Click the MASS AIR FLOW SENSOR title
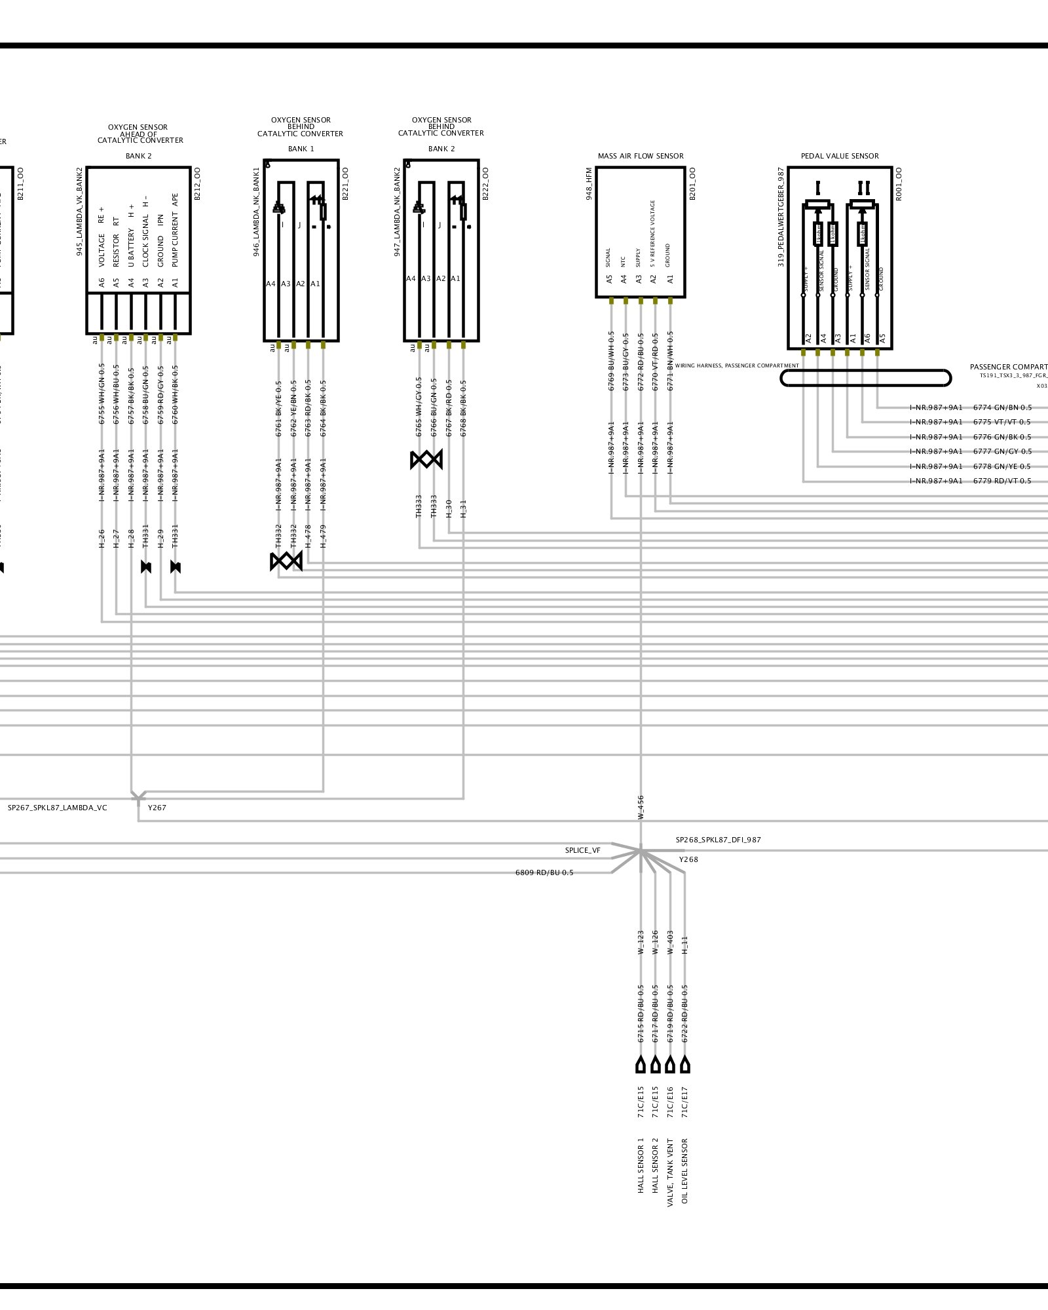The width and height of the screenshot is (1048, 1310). [x=640, y=156]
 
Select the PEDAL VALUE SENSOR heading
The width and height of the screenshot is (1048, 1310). [x=840, y=156]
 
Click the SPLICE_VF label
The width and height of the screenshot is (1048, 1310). [x=582, y=851]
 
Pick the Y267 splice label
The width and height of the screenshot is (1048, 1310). [x=157, y=808]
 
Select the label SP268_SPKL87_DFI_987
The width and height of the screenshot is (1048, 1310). [x=719, y=840]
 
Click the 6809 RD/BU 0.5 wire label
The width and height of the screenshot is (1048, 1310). [x=544, y=872]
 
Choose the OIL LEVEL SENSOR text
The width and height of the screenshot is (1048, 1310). [x=685, y=1171]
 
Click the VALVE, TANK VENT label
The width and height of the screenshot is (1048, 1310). [x=670, y=1172]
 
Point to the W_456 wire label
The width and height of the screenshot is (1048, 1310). [x=641, y=808]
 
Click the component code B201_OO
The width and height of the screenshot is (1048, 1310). [x=692, y=183]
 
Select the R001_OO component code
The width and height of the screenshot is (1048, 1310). [x=899, y=183]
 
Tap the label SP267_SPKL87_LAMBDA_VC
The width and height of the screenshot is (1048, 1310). [x=57, y=808]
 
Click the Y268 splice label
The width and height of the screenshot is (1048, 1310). [x=688, y=859]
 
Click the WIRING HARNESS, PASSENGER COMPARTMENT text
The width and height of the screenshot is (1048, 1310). [x=737, y=365]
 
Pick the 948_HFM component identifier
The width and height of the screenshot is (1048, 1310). [x=589, y=183]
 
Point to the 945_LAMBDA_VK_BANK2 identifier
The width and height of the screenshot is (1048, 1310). [x=80, y=211]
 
